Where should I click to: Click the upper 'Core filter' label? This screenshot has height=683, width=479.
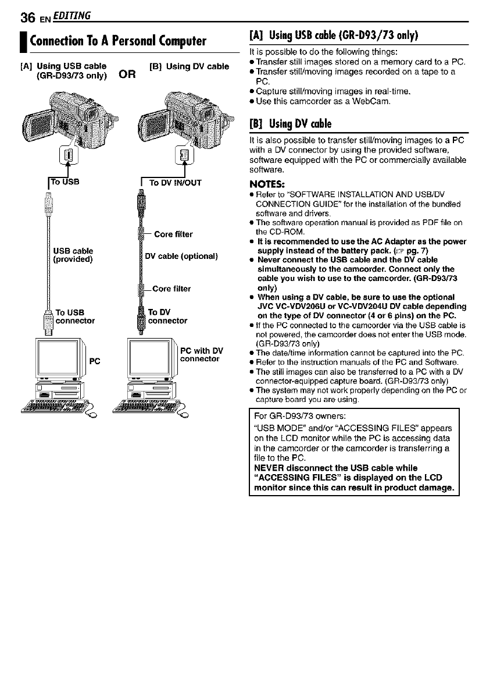click(173, 234)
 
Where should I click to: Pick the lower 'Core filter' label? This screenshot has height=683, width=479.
click(171, 288)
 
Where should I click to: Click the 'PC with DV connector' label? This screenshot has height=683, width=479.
click(202, 354)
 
